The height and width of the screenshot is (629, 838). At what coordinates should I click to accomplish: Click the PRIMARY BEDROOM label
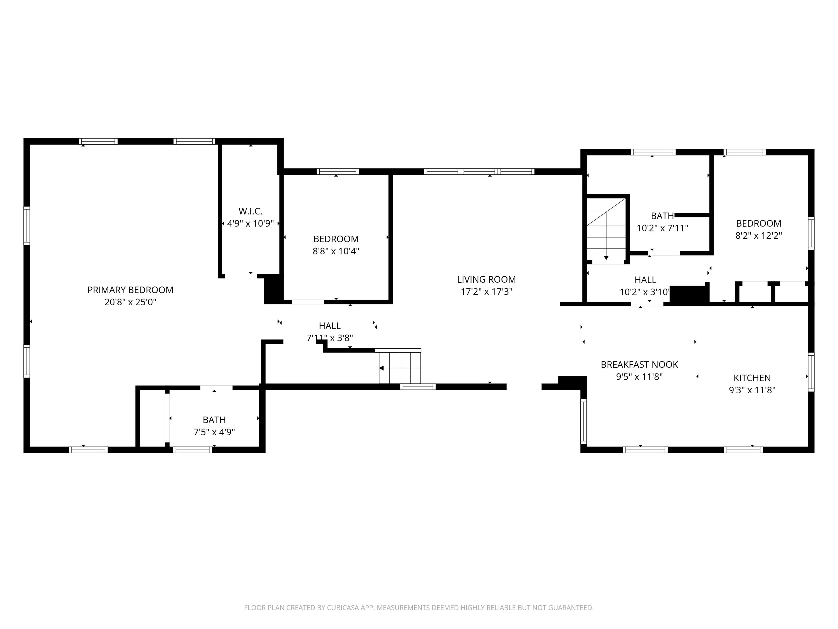130,290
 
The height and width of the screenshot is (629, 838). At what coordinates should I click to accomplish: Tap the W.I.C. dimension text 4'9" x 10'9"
250,224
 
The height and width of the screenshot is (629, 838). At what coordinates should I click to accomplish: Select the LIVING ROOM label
486,280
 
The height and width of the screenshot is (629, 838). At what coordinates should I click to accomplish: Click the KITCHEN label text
752,378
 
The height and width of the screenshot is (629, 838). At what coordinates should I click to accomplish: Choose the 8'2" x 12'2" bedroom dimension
758,235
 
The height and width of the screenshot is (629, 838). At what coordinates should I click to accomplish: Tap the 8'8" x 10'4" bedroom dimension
336,251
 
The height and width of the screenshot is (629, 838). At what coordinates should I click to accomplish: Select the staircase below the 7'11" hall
400,367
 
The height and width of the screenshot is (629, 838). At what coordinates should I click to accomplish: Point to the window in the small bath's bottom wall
192,450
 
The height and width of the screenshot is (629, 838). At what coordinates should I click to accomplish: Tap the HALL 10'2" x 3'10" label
645,280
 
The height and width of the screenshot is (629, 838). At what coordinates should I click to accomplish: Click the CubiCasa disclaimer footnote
419,607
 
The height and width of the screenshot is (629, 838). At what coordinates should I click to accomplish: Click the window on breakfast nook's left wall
584,421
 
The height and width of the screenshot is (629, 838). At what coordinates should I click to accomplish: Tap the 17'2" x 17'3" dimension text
486,292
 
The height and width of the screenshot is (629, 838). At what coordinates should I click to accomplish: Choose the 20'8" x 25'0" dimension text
130,302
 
